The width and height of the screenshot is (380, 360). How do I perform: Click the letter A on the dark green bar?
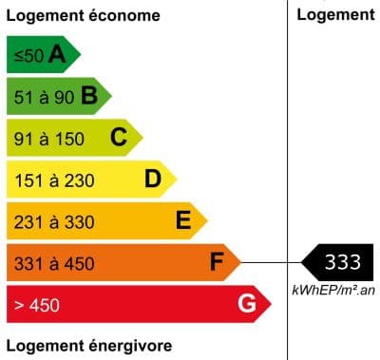(57, 55)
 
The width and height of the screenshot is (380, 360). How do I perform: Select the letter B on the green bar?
(89, 96)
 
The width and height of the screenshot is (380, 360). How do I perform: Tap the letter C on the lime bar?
(119, 138)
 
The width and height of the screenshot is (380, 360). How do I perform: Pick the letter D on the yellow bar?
(152, 179)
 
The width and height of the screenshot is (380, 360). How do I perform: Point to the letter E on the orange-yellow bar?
(184, 221)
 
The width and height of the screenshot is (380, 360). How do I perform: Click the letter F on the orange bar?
(218, 262)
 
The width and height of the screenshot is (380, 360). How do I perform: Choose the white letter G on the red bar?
(247, 304)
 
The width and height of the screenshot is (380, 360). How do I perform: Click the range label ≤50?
(28, 56)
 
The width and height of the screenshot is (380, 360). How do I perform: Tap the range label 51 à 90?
(44, 97)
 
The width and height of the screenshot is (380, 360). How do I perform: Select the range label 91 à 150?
(49, 139)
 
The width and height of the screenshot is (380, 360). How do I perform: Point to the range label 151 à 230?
(54, 180)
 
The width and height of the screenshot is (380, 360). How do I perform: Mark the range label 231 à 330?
(54, 222)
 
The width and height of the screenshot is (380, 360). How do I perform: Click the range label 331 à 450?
(54, 263)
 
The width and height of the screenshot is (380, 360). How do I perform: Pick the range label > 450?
(37, 305)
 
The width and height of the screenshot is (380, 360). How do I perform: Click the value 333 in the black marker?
(343, 262)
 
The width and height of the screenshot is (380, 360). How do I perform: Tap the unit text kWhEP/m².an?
(333, 289)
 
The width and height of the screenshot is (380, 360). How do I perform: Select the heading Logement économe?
(83, 16)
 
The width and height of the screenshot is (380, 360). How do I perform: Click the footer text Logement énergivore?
(88, 344)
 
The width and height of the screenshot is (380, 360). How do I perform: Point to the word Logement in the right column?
(335, 14)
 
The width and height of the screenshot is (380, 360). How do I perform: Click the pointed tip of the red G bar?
(272, 304)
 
